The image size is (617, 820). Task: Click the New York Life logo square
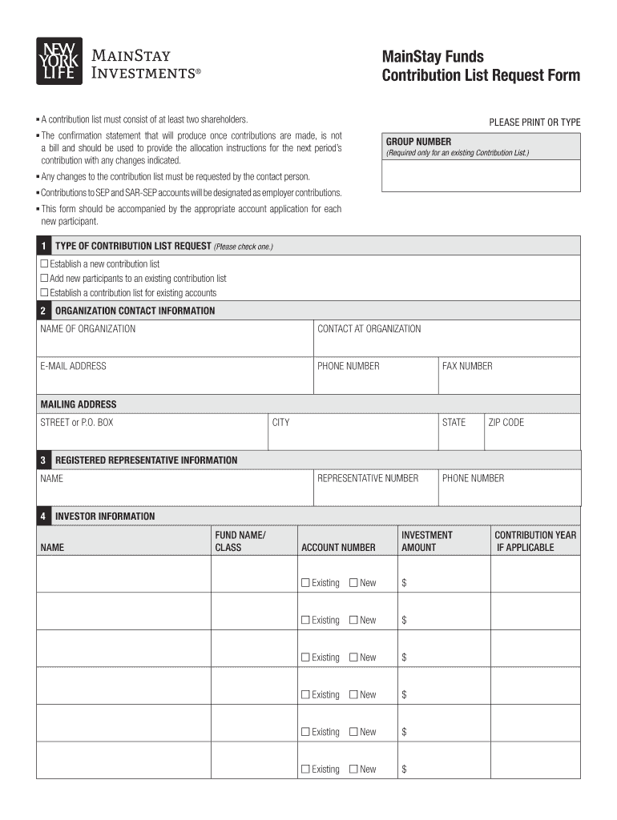58,61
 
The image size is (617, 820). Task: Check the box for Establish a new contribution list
45,263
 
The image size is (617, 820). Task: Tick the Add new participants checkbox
45,278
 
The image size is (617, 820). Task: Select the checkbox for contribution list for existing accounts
45,293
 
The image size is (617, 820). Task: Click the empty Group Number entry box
481,176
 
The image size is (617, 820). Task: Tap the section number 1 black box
42,246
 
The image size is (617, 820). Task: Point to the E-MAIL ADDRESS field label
73,366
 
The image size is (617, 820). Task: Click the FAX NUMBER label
467,366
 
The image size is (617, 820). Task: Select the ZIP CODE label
506,422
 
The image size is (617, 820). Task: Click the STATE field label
454,422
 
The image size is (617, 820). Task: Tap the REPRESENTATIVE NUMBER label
368,478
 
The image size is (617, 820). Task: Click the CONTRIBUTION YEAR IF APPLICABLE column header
534,541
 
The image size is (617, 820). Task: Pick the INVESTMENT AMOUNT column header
426,541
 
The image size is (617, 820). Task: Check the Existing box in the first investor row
305,583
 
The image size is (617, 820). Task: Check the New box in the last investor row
353,769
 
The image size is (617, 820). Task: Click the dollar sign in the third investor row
405,657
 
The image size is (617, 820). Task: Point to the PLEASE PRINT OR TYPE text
534,123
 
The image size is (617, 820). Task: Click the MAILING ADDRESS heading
79,404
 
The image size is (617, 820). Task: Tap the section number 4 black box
42,517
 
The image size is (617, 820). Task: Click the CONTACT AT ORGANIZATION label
369,329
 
